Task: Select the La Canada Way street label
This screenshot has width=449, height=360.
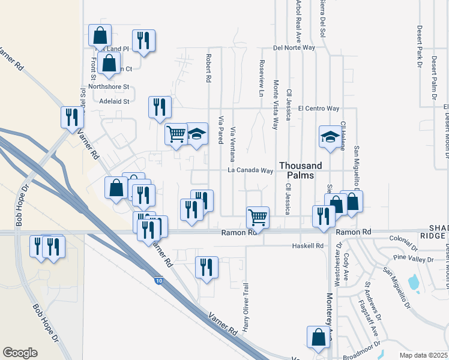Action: click(x=250, y=170)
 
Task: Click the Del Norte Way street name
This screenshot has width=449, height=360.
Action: click(x=294, y=47)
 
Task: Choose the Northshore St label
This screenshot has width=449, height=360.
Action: click(x=109, y=86)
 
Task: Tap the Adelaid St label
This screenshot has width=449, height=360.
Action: click(x=115, y=101)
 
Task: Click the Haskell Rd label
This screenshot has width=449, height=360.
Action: click(x=307, y=245)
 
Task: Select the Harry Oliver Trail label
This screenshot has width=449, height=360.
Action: click(x=246, y=313)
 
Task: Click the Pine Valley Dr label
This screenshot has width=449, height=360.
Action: click(x=413, y=259)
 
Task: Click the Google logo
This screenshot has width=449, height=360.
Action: click(x=20, y=353)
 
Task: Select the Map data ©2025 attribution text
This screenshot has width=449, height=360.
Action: click(x=424, y=355)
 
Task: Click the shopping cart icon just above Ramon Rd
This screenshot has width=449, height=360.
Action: click(x=258, y=216)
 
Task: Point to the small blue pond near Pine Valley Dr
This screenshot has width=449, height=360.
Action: click(x=413, y=281)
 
